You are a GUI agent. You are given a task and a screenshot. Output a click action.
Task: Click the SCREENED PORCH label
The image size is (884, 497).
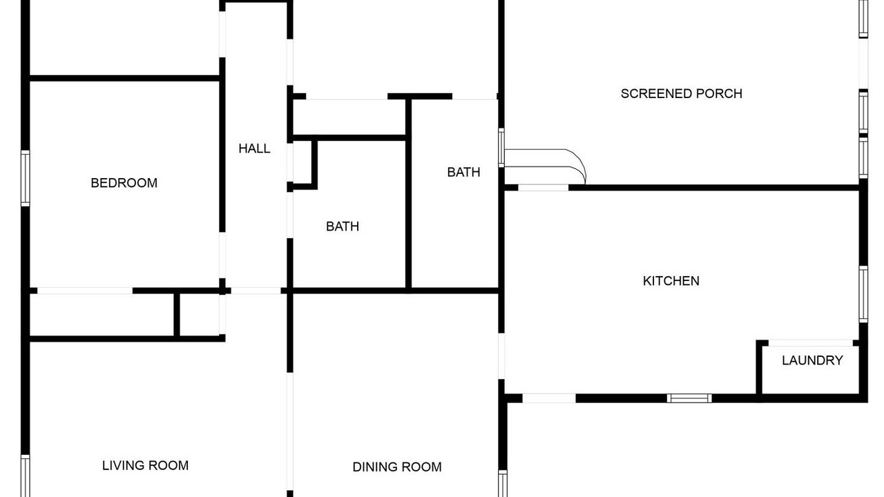click(681, 93)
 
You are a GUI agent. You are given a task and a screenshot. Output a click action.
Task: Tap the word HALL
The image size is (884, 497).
click(254, 148)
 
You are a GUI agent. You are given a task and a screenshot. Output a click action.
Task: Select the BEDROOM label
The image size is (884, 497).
click(124, 183)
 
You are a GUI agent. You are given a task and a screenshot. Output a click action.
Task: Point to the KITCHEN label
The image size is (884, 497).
click(671, 280)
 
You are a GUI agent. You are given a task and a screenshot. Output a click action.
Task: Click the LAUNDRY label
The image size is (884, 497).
click(812, 360)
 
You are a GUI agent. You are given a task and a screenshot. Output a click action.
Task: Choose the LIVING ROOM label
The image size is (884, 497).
click(145, 465)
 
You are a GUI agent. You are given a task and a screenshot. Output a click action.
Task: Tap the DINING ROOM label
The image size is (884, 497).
click(397, 467)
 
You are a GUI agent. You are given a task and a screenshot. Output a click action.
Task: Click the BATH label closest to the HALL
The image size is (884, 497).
click(343, 226)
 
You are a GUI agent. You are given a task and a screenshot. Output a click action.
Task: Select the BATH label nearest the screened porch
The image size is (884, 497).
click(463, 172)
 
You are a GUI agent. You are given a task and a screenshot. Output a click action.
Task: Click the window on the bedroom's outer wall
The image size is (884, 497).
click(26, 178)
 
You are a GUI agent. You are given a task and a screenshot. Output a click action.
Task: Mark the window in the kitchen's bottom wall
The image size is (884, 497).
click(689, 398)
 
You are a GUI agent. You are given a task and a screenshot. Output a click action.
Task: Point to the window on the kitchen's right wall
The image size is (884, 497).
click(863, 294)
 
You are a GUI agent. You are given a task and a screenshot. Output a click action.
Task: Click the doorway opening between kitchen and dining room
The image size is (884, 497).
click(501, 356)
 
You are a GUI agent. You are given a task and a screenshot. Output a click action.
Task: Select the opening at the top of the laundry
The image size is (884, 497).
click(811, 343)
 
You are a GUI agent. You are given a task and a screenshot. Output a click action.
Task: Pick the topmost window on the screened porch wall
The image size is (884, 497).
click(863, 19)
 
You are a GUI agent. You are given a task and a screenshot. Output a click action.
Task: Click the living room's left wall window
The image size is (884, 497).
click(26, 476)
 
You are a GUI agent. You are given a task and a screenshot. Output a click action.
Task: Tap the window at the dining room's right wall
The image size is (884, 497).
click(502, 484)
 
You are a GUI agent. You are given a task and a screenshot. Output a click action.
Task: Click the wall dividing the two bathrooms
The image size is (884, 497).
click(408, 193)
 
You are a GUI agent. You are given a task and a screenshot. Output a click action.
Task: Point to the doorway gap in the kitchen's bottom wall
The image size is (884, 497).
click(549, 398)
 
